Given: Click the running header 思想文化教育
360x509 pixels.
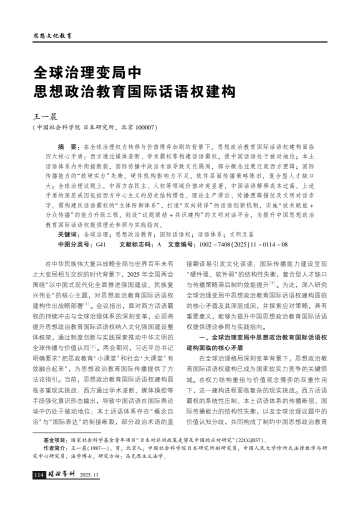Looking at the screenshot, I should click(x=52, y=36).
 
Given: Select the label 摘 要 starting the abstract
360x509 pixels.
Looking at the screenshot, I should click(x=68, y=147).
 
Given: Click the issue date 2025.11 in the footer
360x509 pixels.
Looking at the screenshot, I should click(x=90, y=475).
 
